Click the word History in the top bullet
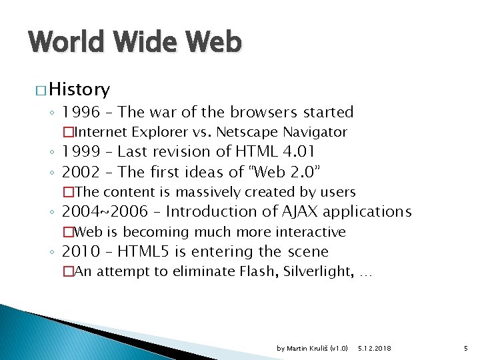(x=79, y=89)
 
